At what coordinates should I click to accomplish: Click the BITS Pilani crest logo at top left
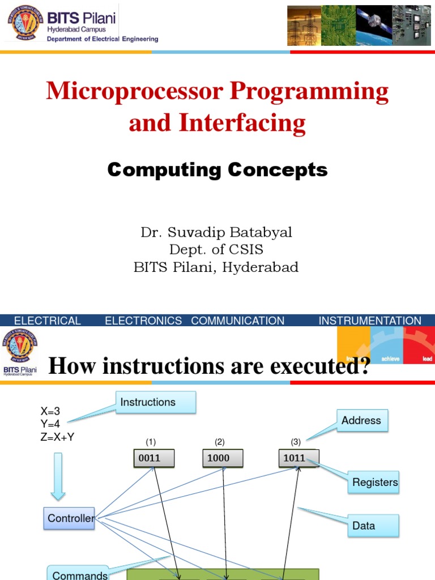pyautogui.click(x=25, y=22)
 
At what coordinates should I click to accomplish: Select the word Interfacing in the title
pyautogui.click(x=242, y=123)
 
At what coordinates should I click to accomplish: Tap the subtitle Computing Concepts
pyautogui.click(x=217, y=169)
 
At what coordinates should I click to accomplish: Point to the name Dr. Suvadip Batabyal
pyautogui.click(x=216, y=233)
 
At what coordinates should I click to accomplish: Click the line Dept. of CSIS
pyautogui.click(x=216, y=250)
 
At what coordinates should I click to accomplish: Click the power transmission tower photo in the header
pyautogui.click(x=304, y=25)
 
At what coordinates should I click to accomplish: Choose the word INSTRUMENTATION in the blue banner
pyautogui.click(x=370, y=321)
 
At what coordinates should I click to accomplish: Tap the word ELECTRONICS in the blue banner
pyautogui.click(x=143, y=321)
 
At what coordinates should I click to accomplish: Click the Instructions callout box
pyautogui.click(x=156, y=402)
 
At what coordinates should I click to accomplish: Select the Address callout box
pyautogui.click(x=362, y=421)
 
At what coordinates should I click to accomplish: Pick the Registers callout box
pyautogui.click(x=374, y=483)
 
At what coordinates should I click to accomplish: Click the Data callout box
pyautogui.click(x=373, y=526)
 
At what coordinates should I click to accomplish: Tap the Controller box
pyautogui.click(x=69, y=518)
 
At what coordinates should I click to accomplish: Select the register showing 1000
pyautogui.click(x=223, y=458)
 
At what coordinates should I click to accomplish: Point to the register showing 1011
pyautogui.click(x=298, y=458)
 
